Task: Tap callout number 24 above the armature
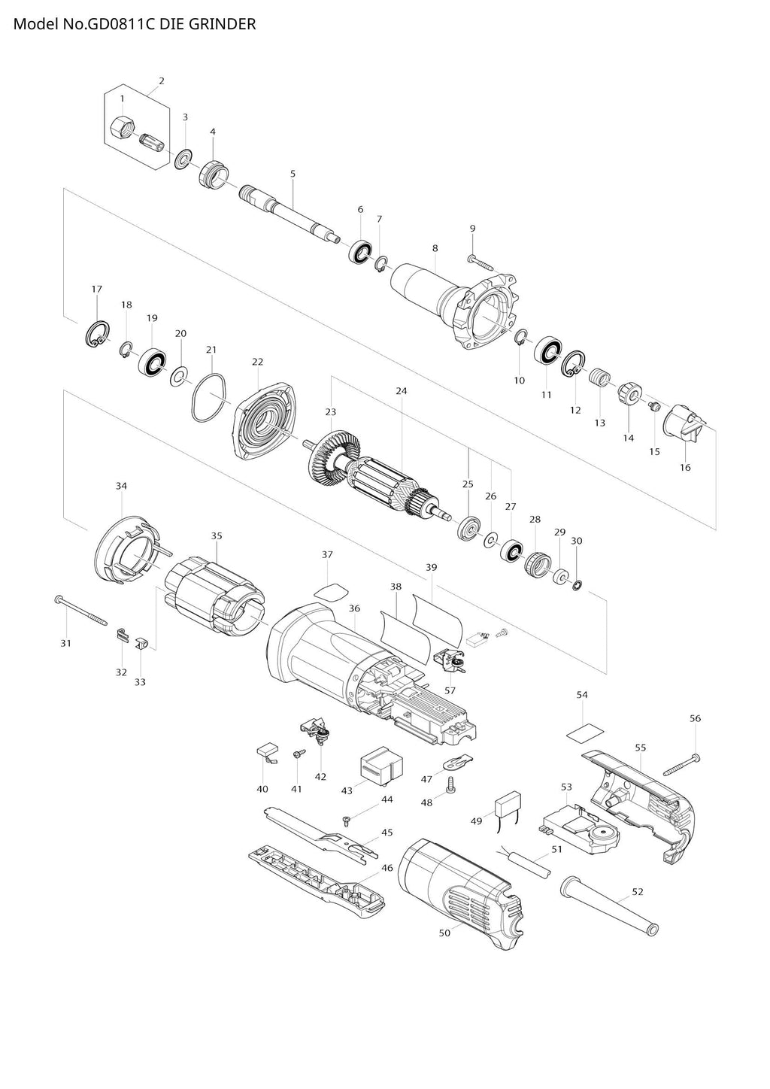[402, 391]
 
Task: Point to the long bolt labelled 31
[80, 611]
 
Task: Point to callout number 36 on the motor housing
[354, 608]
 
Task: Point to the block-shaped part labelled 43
[380, 768]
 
